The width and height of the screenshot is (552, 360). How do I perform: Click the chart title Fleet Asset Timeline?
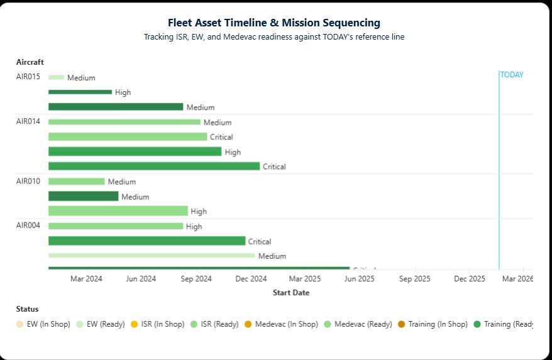coord(273,23)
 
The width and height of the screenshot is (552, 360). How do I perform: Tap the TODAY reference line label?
coord(512,75)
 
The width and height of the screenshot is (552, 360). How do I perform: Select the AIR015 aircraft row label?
coord(28,77)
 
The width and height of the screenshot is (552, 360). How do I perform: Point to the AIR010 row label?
coord(28,182)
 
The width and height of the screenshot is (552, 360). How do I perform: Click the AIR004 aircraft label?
coord(28,226)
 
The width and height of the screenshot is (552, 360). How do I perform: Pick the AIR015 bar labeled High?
coord(80,92)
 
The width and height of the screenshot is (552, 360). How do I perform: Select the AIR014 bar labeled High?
coord(135,151)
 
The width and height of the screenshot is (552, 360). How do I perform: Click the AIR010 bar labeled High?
coord(118,211)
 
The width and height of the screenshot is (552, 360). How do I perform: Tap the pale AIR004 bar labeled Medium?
coord(152,256)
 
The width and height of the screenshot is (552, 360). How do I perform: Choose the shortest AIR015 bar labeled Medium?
coord(56,77)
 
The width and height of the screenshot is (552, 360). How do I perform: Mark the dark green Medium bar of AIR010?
coord(83,197)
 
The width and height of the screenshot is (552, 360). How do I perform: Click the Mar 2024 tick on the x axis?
coord(86,279)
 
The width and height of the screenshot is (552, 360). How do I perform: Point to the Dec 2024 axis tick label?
coord(251,279)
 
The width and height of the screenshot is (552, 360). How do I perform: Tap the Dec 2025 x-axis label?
coord(469,279)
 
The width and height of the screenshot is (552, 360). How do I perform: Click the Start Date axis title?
coord(290,293)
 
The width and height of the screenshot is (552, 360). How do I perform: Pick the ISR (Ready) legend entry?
coord(215,324)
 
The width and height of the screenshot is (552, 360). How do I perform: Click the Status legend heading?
coord(27,309)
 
